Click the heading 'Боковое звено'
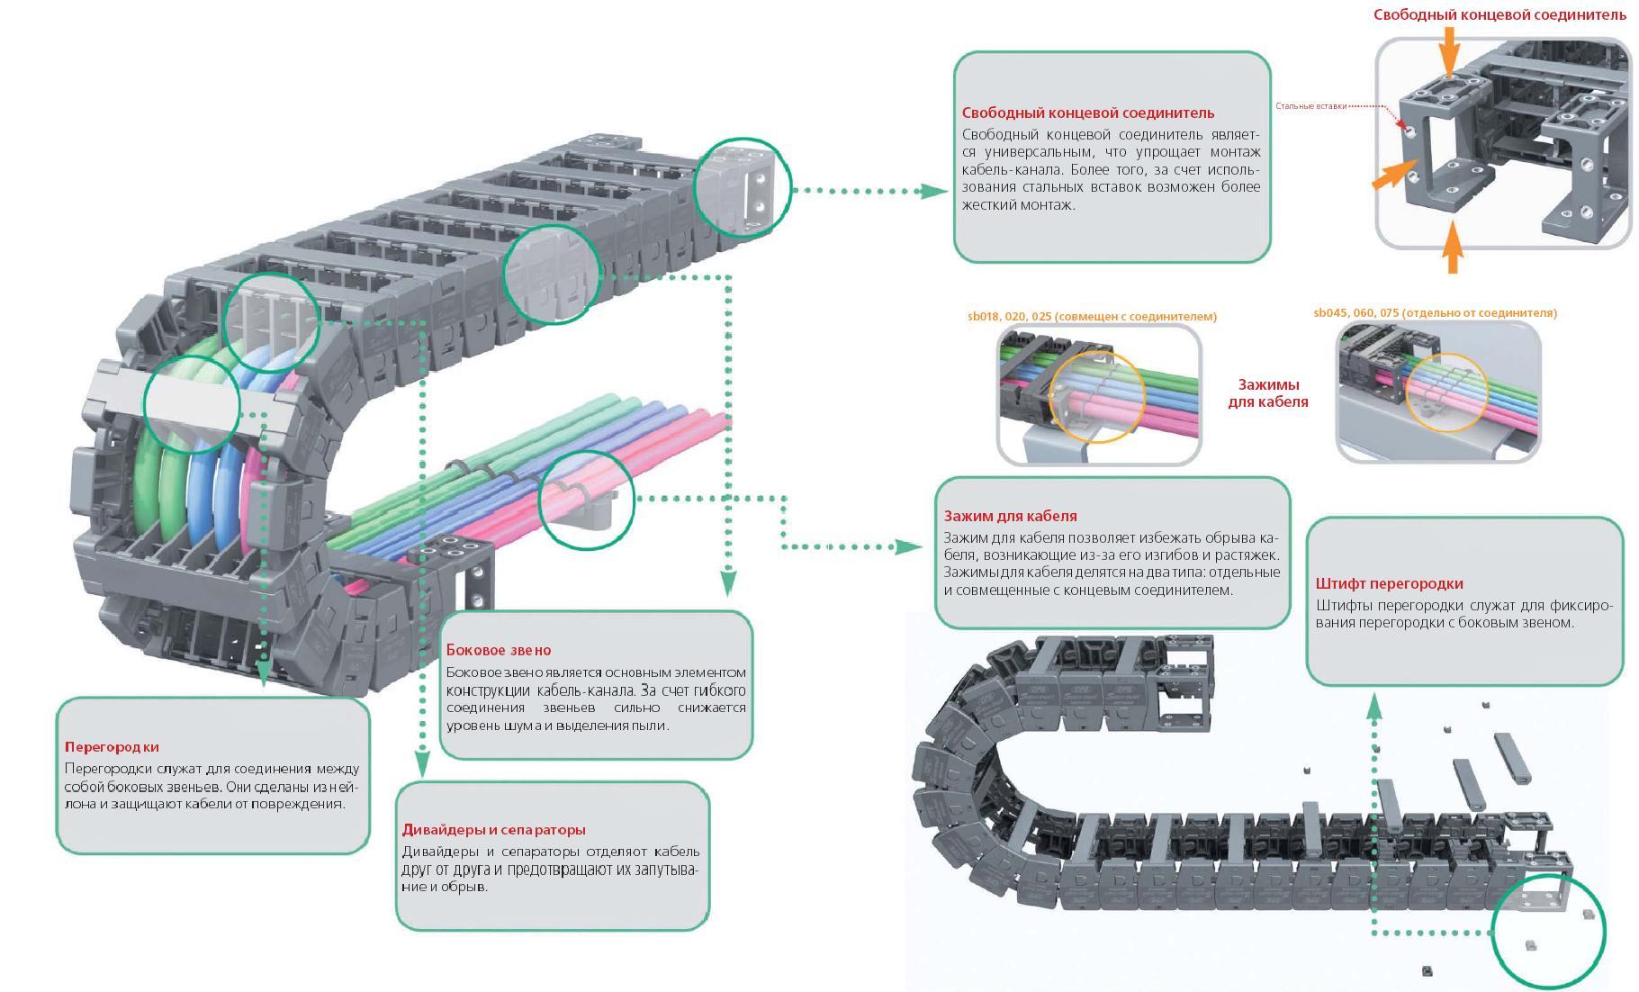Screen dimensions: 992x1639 coord(499,650)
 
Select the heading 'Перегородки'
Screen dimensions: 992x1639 coord(112,747)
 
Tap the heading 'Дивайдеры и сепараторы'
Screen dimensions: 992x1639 coord(493,830)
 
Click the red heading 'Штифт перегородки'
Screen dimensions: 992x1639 coord(1389,583)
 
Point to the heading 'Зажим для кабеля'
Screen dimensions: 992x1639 coord(1010,516)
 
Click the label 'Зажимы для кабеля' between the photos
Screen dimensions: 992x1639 coord(1267,393)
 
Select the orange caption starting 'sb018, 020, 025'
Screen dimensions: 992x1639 coord(1092,317)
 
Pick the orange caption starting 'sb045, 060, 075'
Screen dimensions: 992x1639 coord(1435,313)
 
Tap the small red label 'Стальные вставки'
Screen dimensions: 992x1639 coord(1310,106)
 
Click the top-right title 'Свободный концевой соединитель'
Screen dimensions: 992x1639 coord(1499,15)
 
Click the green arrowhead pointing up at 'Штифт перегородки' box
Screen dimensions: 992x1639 coord(1374,706)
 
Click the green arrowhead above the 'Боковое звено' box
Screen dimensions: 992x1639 coord(727,585)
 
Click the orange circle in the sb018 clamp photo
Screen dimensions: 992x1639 coord(1097,397)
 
